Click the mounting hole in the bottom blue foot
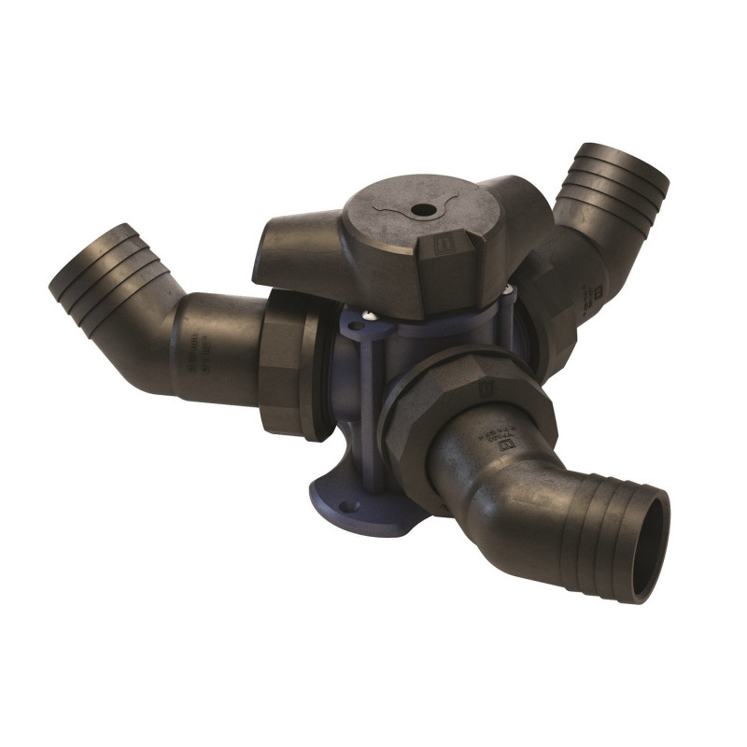pyautogui.click(x=348, y=506)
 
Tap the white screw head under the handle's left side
pyautogui.click(x=368, y=317)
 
